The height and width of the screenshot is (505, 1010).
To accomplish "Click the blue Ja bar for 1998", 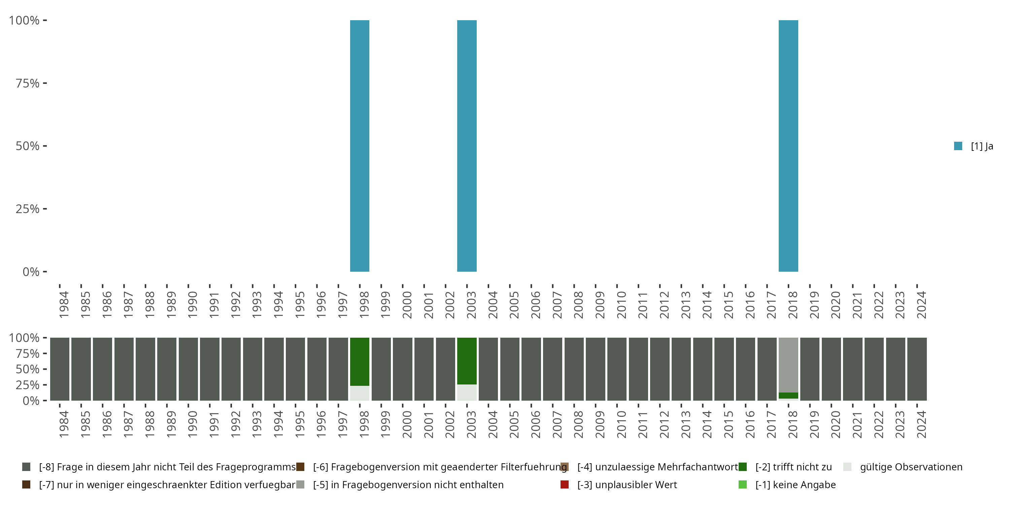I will tap(360, 146).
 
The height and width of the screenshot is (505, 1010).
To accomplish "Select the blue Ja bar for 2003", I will tap(467, 146).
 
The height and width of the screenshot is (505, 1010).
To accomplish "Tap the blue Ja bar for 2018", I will tap(788, 146).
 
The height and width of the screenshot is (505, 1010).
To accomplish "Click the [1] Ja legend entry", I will tap(974, 146).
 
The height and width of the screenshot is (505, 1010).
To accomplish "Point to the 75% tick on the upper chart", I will tap(28, 83).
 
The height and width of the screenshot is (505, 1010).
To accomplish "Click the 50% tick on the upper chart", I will tap(28, 146).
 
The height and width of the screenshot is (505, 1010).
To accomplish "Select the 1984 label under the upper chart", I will tap(64, 305).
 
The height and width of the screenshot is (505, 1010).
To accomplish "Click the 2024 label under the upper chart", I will tap(921, 305).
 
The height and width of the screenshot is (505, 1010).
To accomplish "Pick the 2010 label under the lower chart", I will tap(621, 424).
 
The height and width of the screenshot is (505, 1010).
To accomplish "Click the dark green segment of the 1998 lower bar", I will tap(360, 361).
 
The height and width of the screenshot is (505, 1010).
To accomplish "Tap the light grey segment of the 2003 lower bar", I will tap(467, 393).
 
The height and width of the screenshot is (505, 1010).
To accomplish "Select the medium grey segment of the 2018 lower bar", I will tap(788, 365).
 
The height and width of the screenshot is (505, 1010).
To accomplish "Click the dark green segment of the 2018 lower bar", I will tap(788, 395).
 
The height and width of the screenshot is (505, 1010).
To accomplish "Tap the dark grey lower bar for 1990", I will tap(188, 369).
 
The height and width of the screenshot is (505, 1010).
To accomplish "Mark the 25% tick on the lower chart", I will tap(28, 384).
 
